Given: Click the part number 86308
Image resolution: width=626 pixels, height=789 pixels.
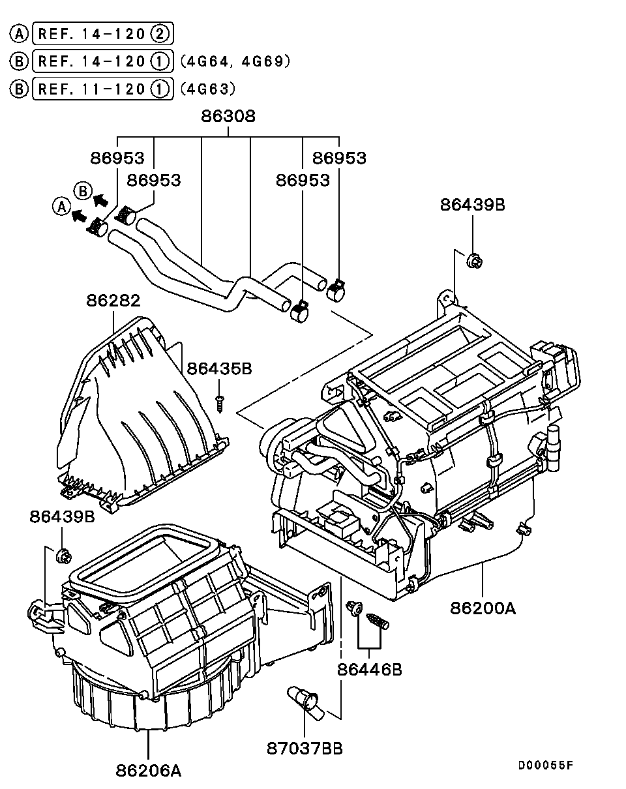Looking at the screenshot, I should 228,117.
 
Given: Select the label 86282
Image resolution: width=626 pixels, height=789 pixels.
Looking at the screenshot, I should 113,301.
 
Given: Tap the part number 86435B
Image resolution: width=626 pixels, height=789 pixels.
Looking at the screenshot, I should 219,369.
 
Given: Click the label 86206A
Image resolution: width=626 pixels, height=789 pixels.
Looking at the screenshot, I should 149,770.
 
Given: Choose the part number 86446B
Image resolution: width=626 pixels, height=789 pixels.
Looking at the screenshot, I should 369,669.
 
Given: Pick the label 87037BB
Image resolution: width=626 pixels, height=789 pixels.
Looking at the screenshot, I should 305,748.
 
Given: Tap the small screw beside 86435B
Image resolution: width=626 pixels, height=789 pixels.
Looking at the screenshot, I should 220,402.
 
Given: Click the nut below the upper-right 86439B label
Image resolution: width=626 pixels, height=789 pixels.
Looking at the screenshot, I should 474,261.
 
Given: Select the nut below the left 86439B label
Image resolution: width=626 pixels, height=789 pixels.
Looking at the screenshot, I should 64,556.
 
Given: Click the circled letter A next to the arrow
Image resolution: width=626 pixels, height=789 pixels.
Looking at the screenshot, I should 61,207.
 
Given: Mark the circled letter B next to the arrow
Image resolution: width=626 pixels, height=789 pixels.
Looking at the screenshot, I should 82,190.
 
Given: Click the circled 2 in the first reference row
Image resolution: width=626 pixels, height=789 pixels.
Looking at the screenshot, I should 160,33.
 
